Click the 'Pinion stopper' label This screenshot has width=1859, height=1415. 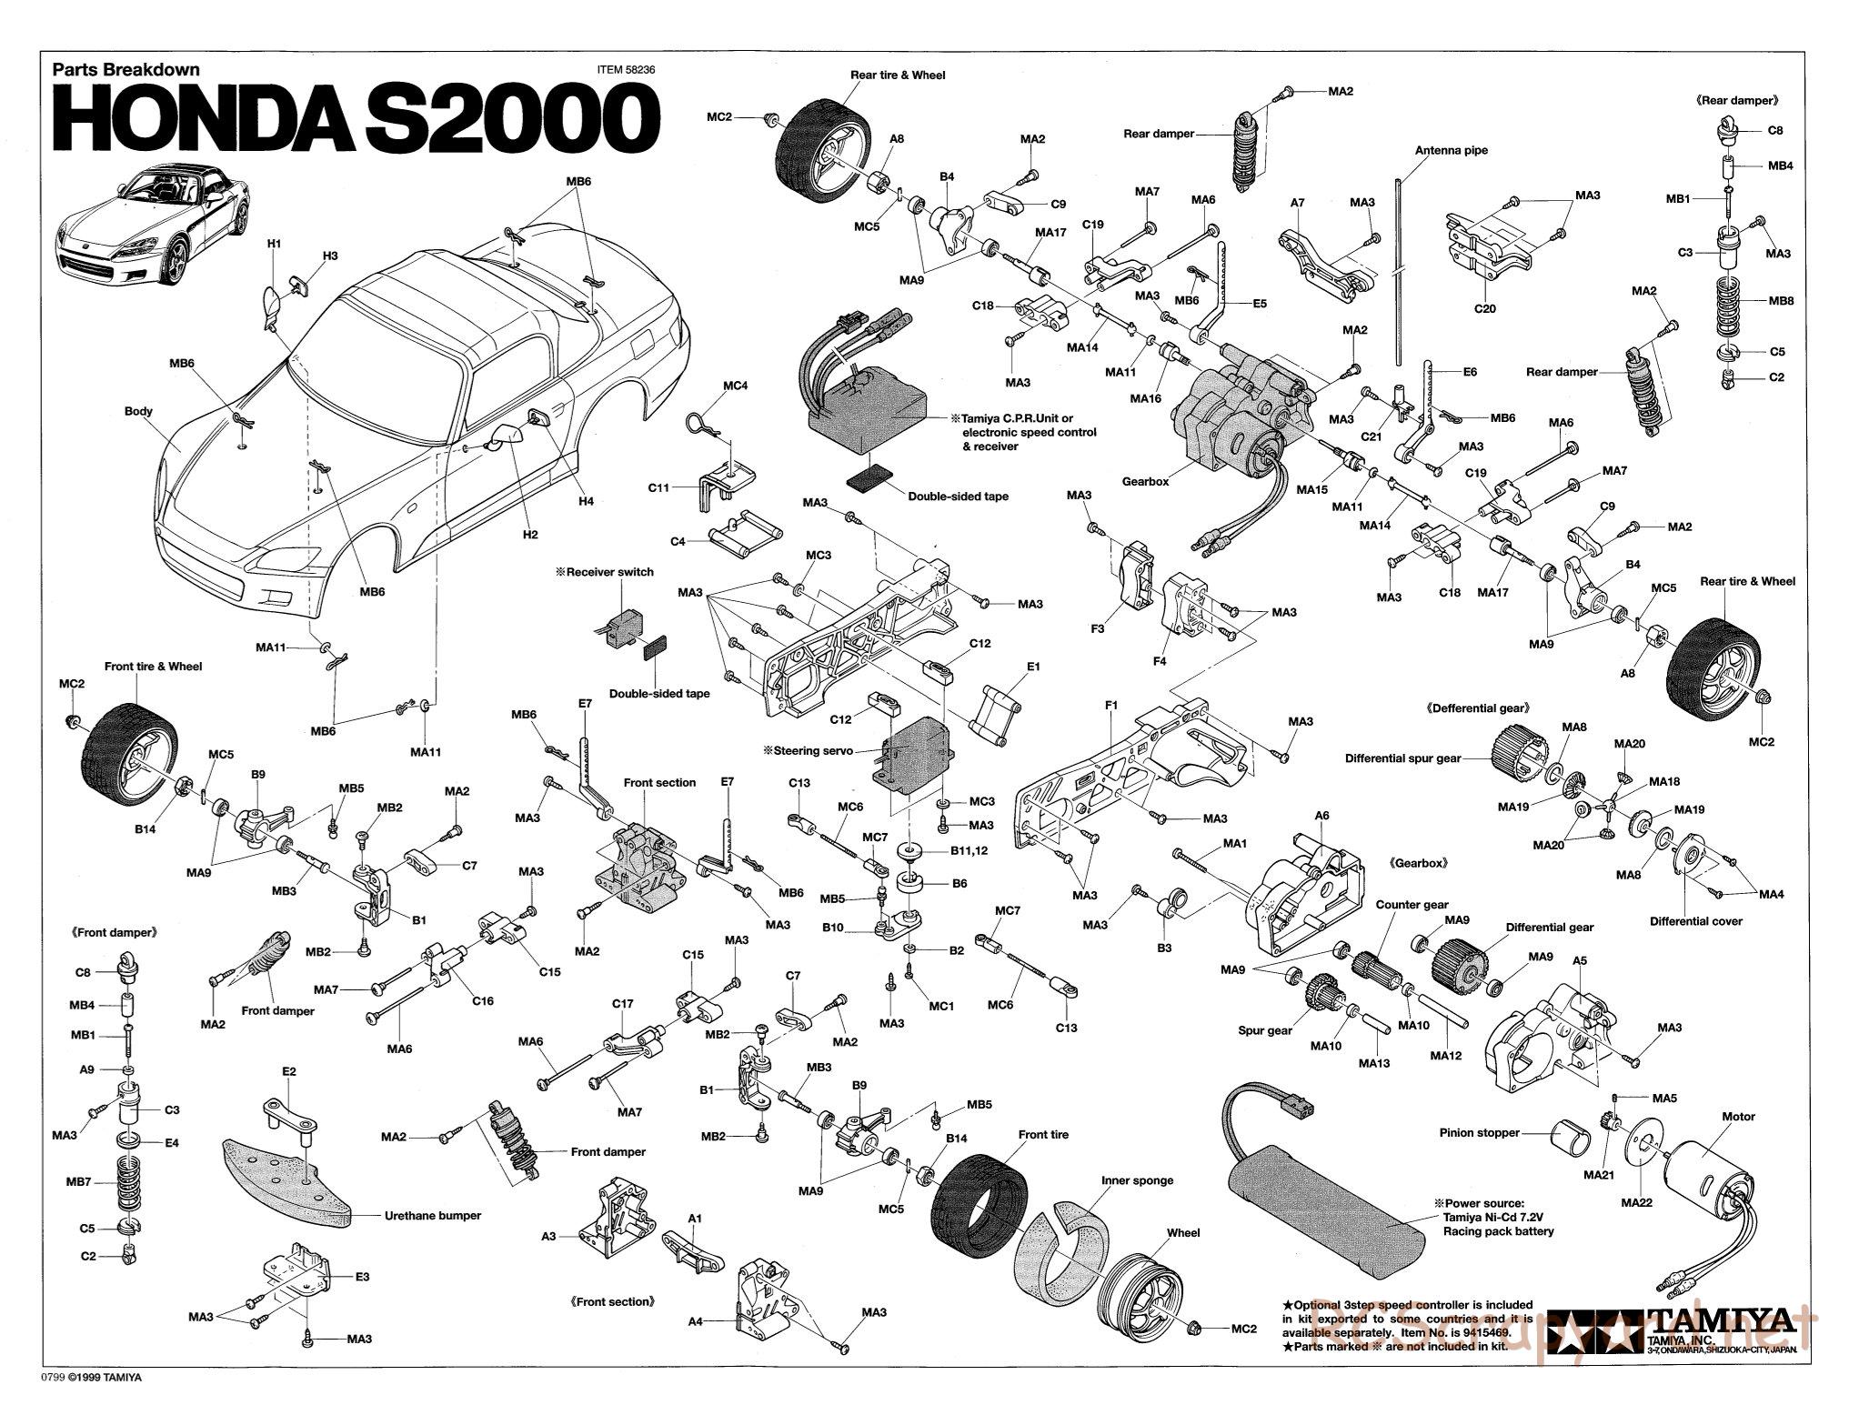click(x=1479, y=1133)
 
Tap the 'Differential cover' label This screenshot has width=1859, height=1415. click(x=1695, y=921)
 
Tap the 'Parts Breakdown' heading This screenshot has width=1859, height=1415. click(x=126, y=68)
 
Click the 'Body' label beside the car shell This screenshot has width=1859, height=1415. click(x=138, y=411)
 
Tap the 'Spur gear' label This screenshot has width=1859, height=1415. click(x=1265, y=1030)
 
